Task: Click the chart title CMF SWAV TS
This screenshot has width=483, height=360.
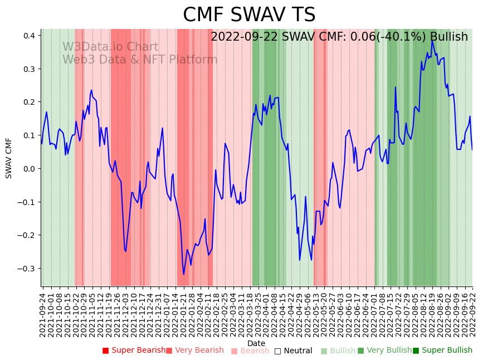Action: point(249,15)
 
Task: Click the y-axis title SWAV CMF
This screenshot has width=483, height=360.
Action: point(9,158)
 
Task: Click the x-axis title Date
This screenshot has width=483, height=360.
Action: point(256,343)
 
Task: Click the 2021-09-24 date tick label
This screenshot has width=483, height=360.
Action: point(42,312)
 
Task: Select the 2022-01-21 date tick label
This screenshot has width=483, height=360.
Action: point(183,312)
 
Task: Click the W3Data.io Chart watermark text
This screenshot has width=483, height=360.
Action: point(110,47)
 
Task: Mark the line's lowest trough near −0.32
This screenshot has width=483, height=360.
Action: point(184,274)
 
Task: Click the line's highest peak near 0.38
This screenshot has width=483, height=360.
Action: point(432,41)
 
